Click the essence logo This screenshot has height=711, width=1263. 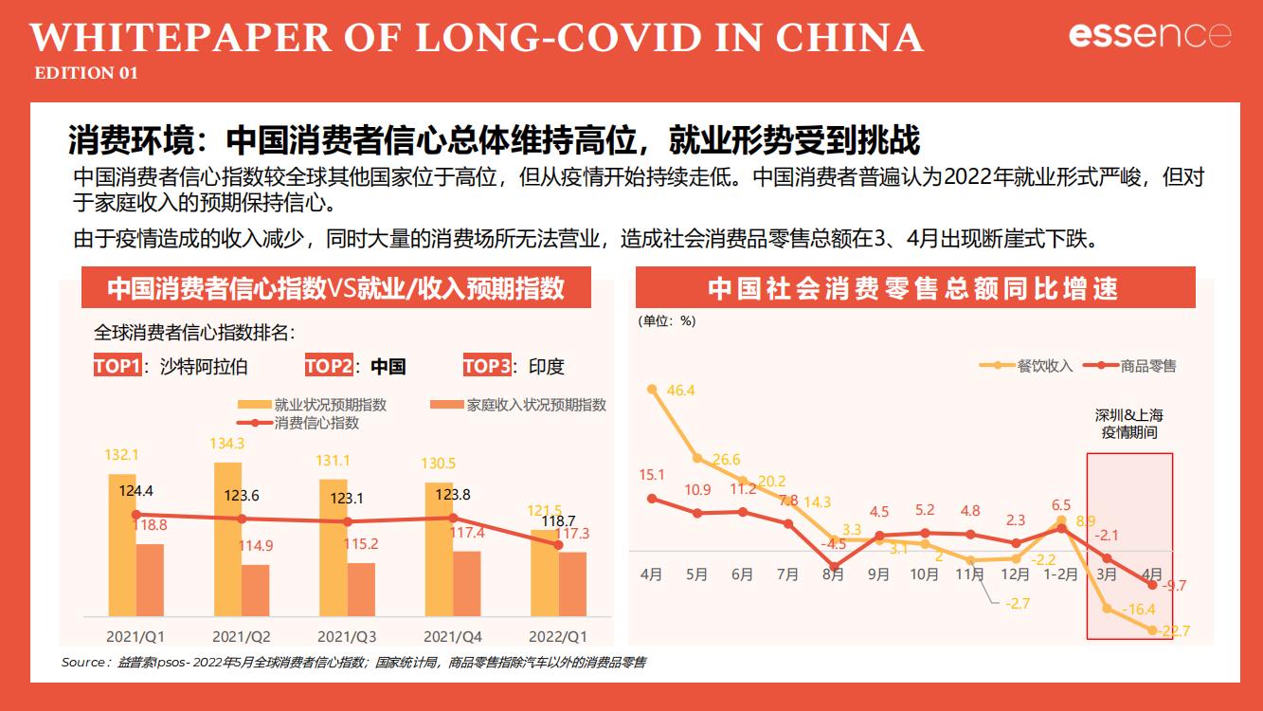(x=1149, y=35)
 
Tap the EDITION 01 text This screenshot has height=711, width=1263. (x=86, y=73)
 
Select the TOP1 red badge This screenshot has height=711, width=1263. (x=117, y=366)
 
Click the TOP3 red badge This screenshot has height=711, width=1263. (x=487, y=366)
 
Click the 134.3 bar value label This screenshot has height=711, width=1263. (x=227, y=443)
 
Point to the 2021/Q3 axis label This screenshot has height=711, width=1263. (x=347, y=635)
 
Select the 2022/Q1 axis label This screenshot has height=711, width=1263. (x=558, y=635)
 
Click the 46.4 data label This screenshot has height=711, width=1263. (x=680, y=391)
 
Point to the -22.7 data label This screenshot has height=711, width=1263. (x=1175, y=631)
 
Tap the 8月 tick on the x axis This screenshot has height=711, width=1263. (x=834, y=574)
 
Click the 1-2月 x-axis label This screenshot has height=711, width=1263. (x=1060, y=574)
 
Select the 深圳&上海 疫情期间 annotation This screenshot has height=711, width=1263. (x=1129, y=424)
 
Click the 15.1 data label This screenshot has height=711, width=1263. (x=652, y=475)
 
